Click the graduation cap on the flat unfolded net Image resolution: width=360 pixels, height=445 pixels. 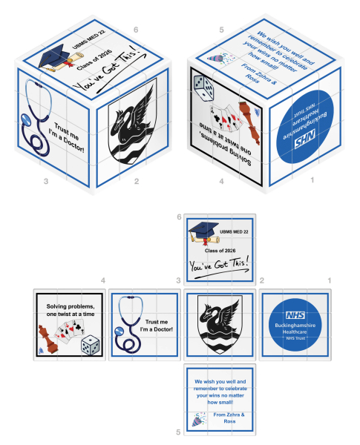(203, 230)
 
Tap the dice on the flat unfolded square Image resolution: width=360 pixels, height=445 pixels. (90, 345)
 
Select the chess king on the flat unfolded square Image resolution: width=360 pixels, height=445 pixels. (48, 339)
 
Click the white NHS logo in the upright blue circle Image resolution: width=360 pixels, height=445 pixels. (295, 315)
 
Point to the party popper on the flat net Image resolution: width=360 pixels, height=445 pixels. (199, 419)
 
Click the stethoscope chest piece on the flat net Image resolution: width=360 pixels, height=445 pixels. (120, 332)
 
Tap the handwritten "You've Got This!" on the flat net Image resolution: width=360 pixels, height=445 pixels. (220, 265)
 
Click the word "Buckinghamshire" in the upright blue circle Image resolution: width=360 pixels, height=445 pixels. (295, 326)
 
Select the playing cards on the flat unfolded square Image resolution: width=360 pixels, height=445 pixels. (71, 331)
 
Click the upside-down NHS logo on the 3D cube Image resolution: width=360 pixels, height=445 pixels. (304, 139)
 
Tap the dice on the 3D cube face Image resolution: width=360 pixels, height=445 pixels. (203, 88)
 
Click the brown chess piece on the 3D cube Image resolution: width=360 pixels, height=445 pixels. (249, 122)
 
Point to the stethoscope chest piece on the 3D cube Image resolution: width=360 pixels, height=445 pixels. (27, 120)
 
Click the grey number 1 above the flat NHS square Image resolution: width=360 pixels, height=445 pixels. (330, 280)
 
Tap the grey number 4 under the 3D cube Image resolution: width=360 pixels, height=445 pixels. (221, 181)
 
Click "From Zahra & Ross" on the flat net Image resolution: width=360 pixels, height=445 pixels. (229, 418)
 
